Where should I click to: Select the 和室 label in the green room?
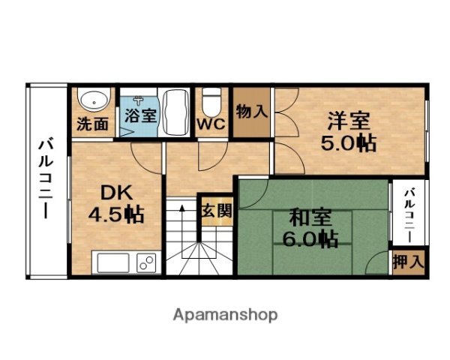[x=311, y=218]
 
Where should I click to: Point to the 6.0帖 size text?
[x=311, y=240]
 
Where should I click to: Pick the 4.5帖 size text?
[x=115, y=214]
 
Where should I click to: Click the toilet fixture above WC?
[x=212, y=100]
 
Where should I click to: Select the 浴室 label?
[x=139, y=116]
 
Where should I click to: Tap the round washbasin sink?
[x=94, y=99]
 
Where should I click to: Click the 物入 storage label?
[x=251, y=112]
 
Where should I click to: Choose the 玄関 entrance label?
[x=217, y=211]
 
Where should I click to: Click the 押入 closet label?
[x=409, y=262]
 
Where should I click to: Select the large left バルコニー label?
[x=46, y=178]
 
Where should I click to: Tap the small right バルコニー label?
[x=409, y=216]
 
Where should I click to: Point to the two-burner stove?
[x=145, y=264]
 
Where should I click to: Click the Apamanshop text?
[x=225, y=314]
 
